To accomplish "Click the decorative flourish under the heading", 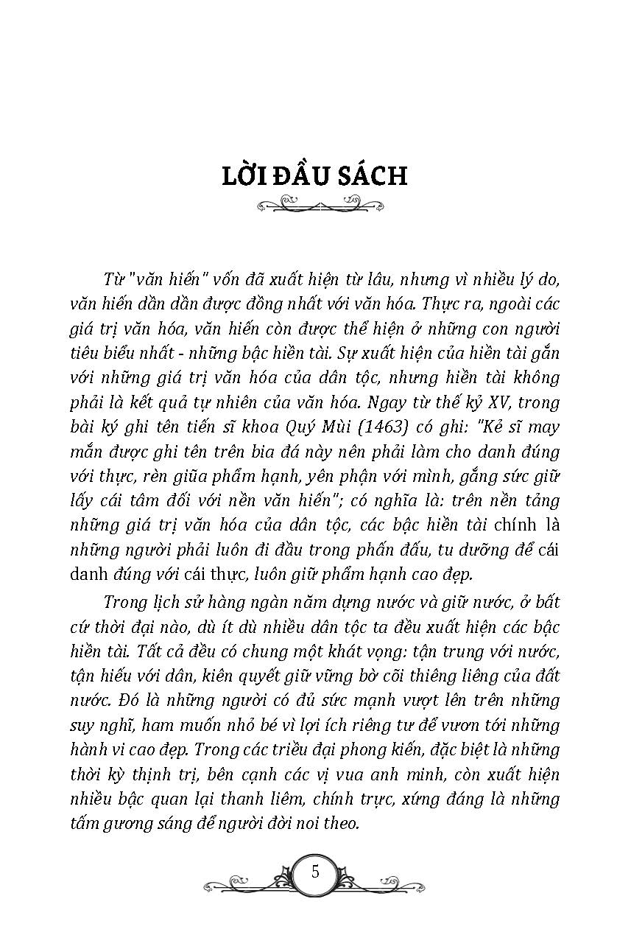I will click(x=314, y=202).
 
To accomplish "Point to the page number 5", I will click(x=316, y=872).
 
